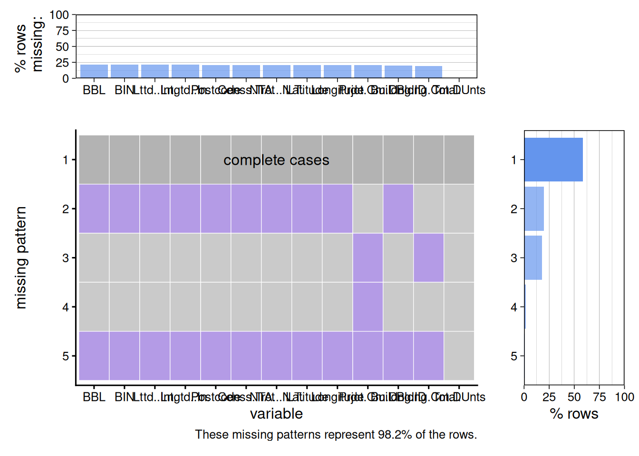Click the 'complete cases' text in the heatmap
(x=276, y=160)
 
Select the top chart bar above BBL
(x=94, y=71)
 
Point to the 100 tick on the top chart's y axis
(x=59, y=15)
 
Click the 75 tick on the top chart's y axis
(x=62, y=31)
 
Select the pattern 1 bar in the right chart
(x=553, y=160)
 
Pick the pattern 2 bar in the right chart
(x=534, y=209)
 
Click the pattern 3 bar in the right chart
(x=533, y=258)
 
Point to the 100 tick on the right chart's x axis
(x=624, y=397)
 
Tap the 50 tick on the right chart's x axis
(x=574, y=397)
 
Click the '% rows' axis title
(x=574, y=414)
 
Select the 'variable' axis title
(x=276, y=414)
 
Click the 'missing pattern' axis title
(x=21, y=257)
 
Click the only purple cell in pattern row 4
(x=368, y=307)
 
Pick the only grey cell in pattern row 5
(x=459, y=356)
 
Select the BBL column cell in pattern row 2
(x=94, y=209)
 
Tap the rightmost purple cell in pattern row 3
(x=428, y=258)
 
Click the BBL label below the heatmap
(x=94, y=397)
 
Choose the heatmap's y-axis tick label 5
(x=66, y=356)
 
